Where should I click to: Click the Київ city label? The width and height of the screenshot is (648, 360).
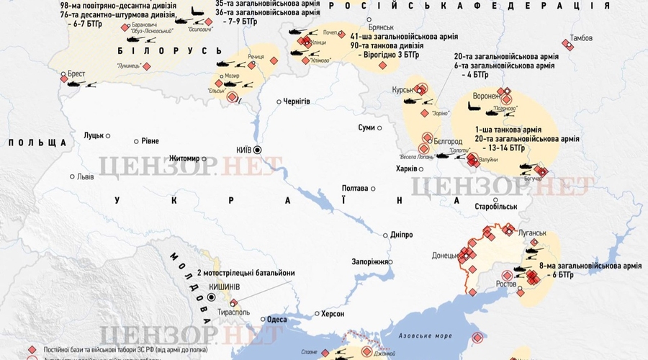(243, 150)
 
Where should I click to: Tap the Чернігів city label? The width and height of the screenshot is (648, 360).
(297, 102)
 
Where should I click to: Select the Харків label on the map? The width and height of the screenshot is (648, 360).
(406, 169)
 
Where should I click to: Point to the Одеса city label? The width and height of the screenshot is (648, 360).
(277, 319)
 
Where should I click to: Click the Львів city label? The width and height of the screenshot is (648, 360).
(85, 176)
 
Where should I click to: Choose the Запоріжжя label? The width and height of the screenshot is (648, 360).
(370, 261)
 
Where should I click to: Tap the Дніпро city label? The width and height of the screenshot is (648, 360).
(401, 235)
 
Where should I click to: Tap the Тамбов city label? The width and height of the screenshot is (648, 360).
(580, 37)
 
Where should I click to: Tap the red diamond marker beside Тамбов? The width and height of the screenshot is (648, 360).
(567, 45)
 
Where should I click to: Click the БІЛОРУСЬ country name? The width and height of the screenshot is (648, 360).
(170, 50)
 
